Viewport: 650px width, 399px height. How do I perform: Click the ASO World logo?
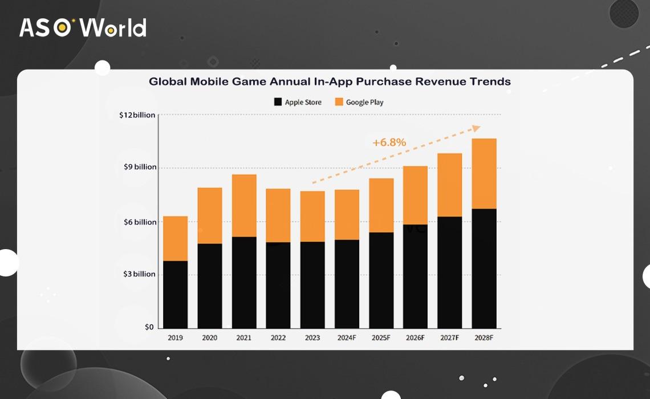[x=83, y=27]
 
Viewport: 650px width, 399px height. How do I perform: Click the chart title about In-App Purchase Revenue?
[x=330, y=82]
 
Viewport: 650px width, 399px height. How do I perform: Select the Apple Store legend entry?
[x=298, y=102]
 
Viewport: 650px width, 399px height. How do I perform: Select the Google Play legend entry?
[x=359, y=102]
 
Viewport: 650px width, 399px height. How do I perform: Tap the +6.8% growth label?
[x=389, y=142]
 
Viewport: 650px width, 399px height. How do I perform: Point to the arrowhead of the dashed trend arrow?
[x=476, y=128]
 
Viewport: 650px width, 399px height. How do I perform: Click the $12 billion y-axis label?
[x=137, y=115]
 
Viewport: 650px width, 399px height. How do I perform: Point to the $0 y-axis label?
[x=149, y=327]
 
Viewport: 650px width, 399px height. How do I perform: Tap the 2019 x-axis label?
[x=175, y=337]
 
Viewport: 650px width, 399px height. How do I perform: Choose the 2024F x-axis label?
[x=347, y=337]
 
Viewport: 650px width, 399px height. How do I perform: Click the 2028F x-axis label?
[x=484, y=337]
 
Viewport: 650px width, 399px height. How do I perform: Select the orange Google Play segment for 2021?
[x=244, y=205]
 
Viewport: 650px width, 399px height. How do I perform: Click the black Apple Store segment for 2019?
[x=175, y=294]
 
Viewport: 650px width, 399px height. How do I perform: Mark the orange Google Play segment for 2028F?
[x=484, y=174]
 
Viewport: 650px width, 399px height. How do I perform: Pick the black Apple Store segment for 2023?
[x=312, y=285]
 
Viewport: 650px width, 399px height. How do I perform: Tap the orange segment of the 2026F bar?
[x=415, y=195]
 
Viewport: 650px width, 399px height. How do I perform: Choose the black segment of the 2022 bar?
[x=278, y=285]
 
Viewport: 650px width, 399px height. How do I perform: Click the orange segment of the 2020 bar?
[x=210, y=215]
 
